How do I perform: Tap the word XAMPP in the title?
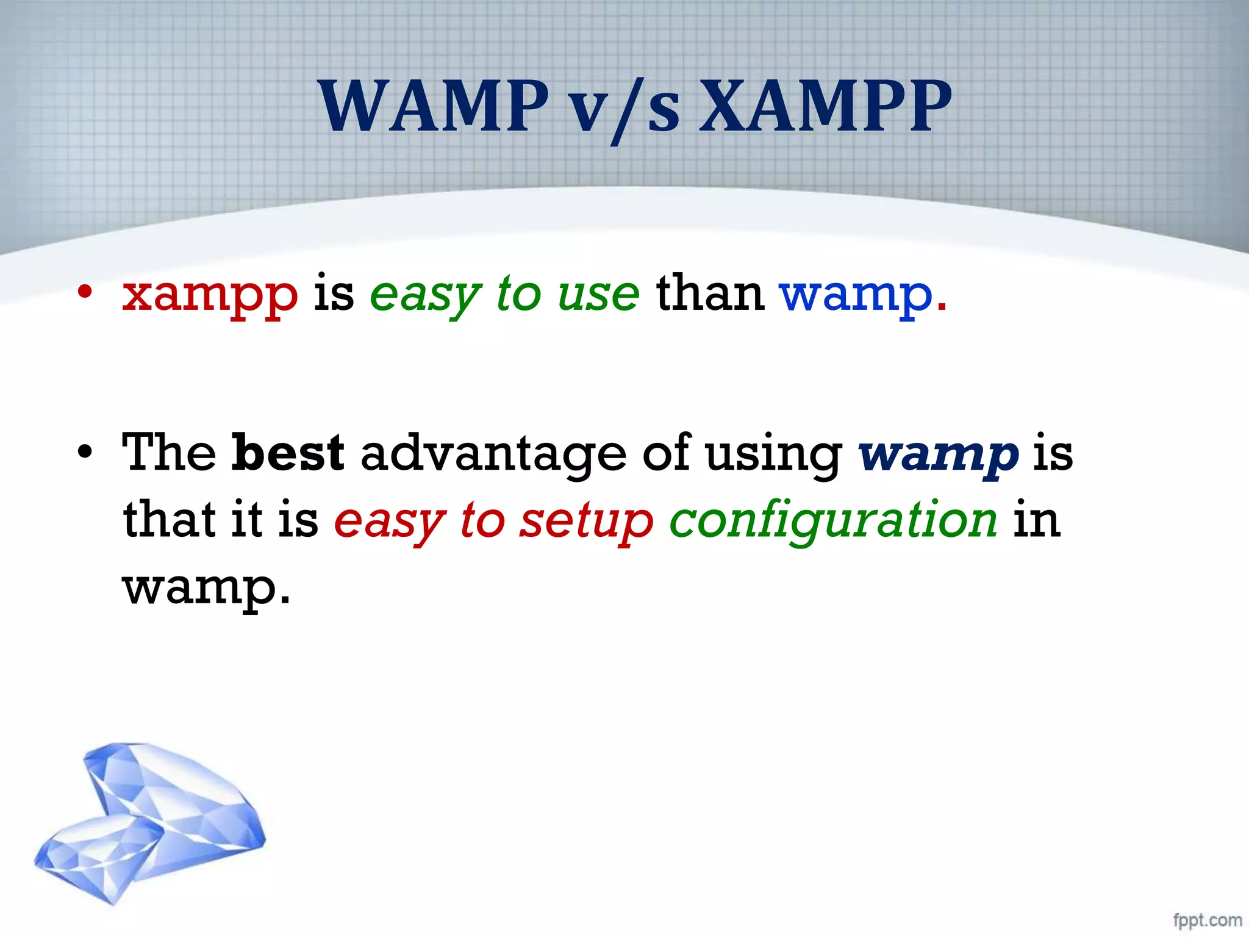pyautogui.click(x=825, y=107)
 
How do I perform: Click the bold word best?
pyautogui.click(x=288, y=453)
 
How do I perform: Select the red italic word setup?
pyautogui.click(x=585, y=522)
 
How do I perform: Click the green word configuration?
pyautogui.click(x=833, y=522)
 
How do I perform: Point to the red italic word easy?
pyautogui.click(x=389, y=522)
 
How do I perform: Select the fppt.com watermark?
pyautogui.click(x=1207, y=920)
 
